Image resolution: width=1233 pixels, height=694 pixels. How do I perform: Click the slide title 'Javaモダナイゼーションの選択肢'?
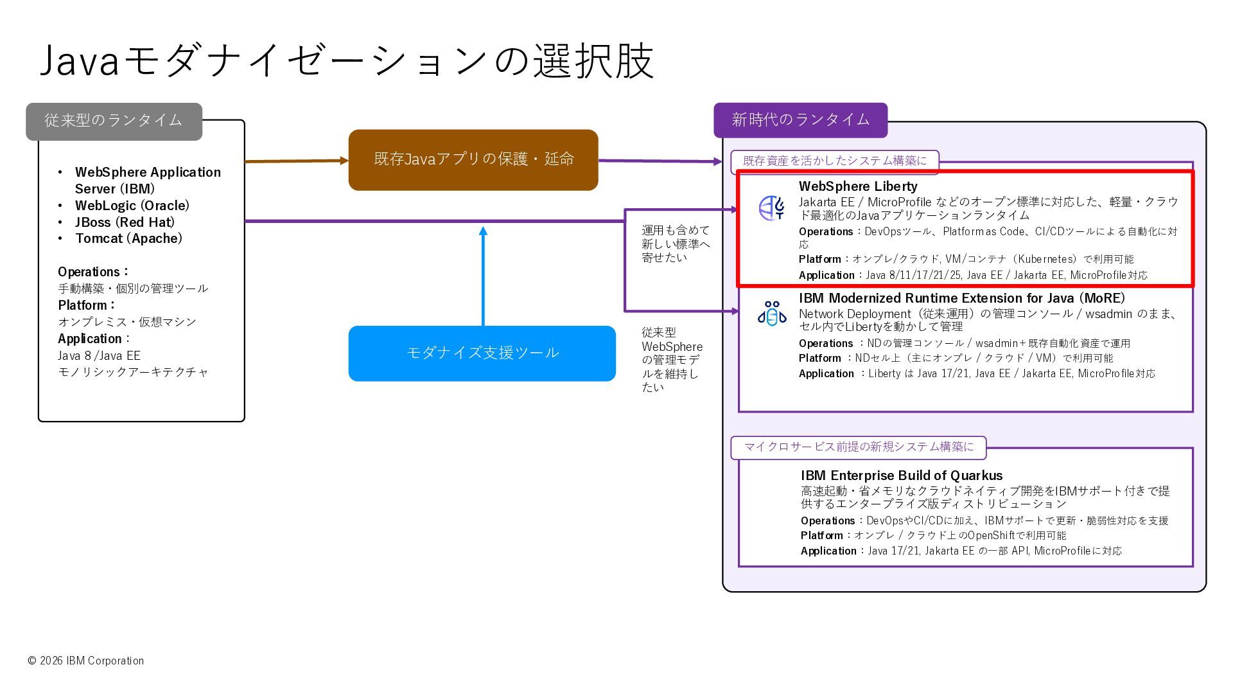pos(347,61)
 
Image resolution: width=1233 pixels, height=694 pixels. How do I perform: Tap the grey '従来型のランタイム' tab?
pos(114,121)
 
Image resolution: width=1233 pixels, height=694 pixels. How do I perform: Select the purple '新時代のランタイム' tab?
pos(800,120)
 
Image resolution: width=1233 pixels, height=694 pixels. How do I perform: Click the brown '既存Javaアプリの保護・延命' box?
pos(473,159)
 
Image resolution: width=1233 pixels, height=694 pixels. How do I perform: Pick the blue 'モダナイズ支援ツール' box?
pos(482,353)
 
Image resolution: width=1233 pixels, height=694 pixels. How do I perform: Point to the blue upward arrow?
pos(483,276)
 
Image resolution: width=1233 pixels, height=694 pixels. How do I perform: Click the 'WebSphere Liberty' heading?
pos(858,186)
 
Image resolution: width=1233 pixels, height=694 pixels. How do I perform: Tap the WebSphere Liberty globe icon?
pos(771,208)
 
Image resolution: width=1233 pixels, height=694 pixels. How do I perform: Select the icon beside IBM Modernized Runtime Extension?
pos(771,314)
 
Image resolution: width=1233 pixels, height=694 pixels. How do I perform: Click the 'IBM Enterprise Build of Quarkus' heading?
pos(901,476)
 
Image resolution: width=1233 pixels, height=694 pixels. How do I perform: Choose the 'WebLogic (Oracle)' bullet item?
pos(132,206)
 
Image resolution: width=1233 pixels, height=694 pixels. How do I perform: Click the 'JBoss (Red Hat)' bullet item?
pos(125,222)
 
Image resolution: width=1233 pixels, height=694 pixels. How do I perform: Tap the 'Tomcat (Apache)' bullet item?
pos(128,238)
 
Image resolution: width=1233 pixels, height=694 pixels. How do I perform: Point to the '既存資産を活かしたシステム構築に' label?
pos(834,161)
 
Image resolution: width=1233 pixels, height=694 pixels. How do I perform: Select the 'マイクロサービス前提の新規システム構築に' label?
pos(858,447)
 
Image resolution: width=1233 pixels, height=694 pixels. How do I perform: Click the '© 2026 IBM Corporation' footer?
pos(86,661)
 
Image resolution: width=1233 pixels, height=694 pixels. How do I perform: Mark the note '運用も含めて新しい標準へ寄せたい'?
pos(675,244)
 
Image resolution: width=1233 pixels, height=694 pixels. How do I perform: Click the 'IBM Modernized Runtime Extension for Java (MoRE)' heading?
pos(961,298)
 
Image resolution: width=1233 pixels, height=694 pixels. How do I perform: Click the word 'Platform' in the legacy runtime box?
pos(82,305)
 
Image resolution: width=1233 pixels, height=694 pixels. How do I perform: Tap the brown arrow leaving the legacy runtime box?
pos(296,161)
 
